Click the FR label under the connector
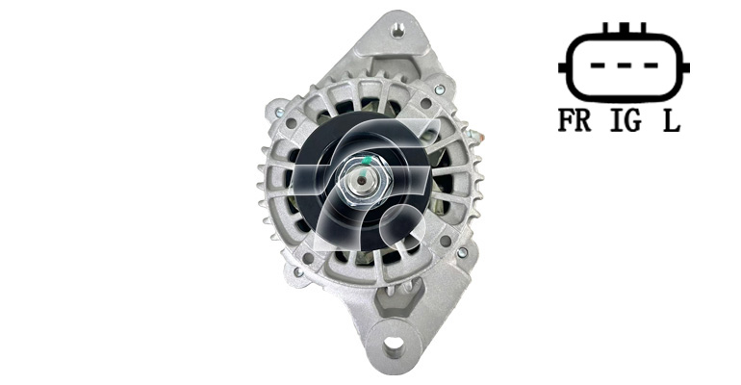click(575, 120)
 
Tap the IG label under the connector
click(626, 120)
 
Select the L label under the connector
click(672, 120)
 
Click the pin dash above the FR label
click(598, 65)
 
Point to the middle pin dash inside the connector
click(625, 65)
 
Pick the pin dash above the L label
click(651, 65)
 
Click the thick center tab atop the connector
click(625, 27)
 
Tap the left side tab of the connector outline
click(562, 67)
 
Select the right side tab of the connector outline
click(686, 67)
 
